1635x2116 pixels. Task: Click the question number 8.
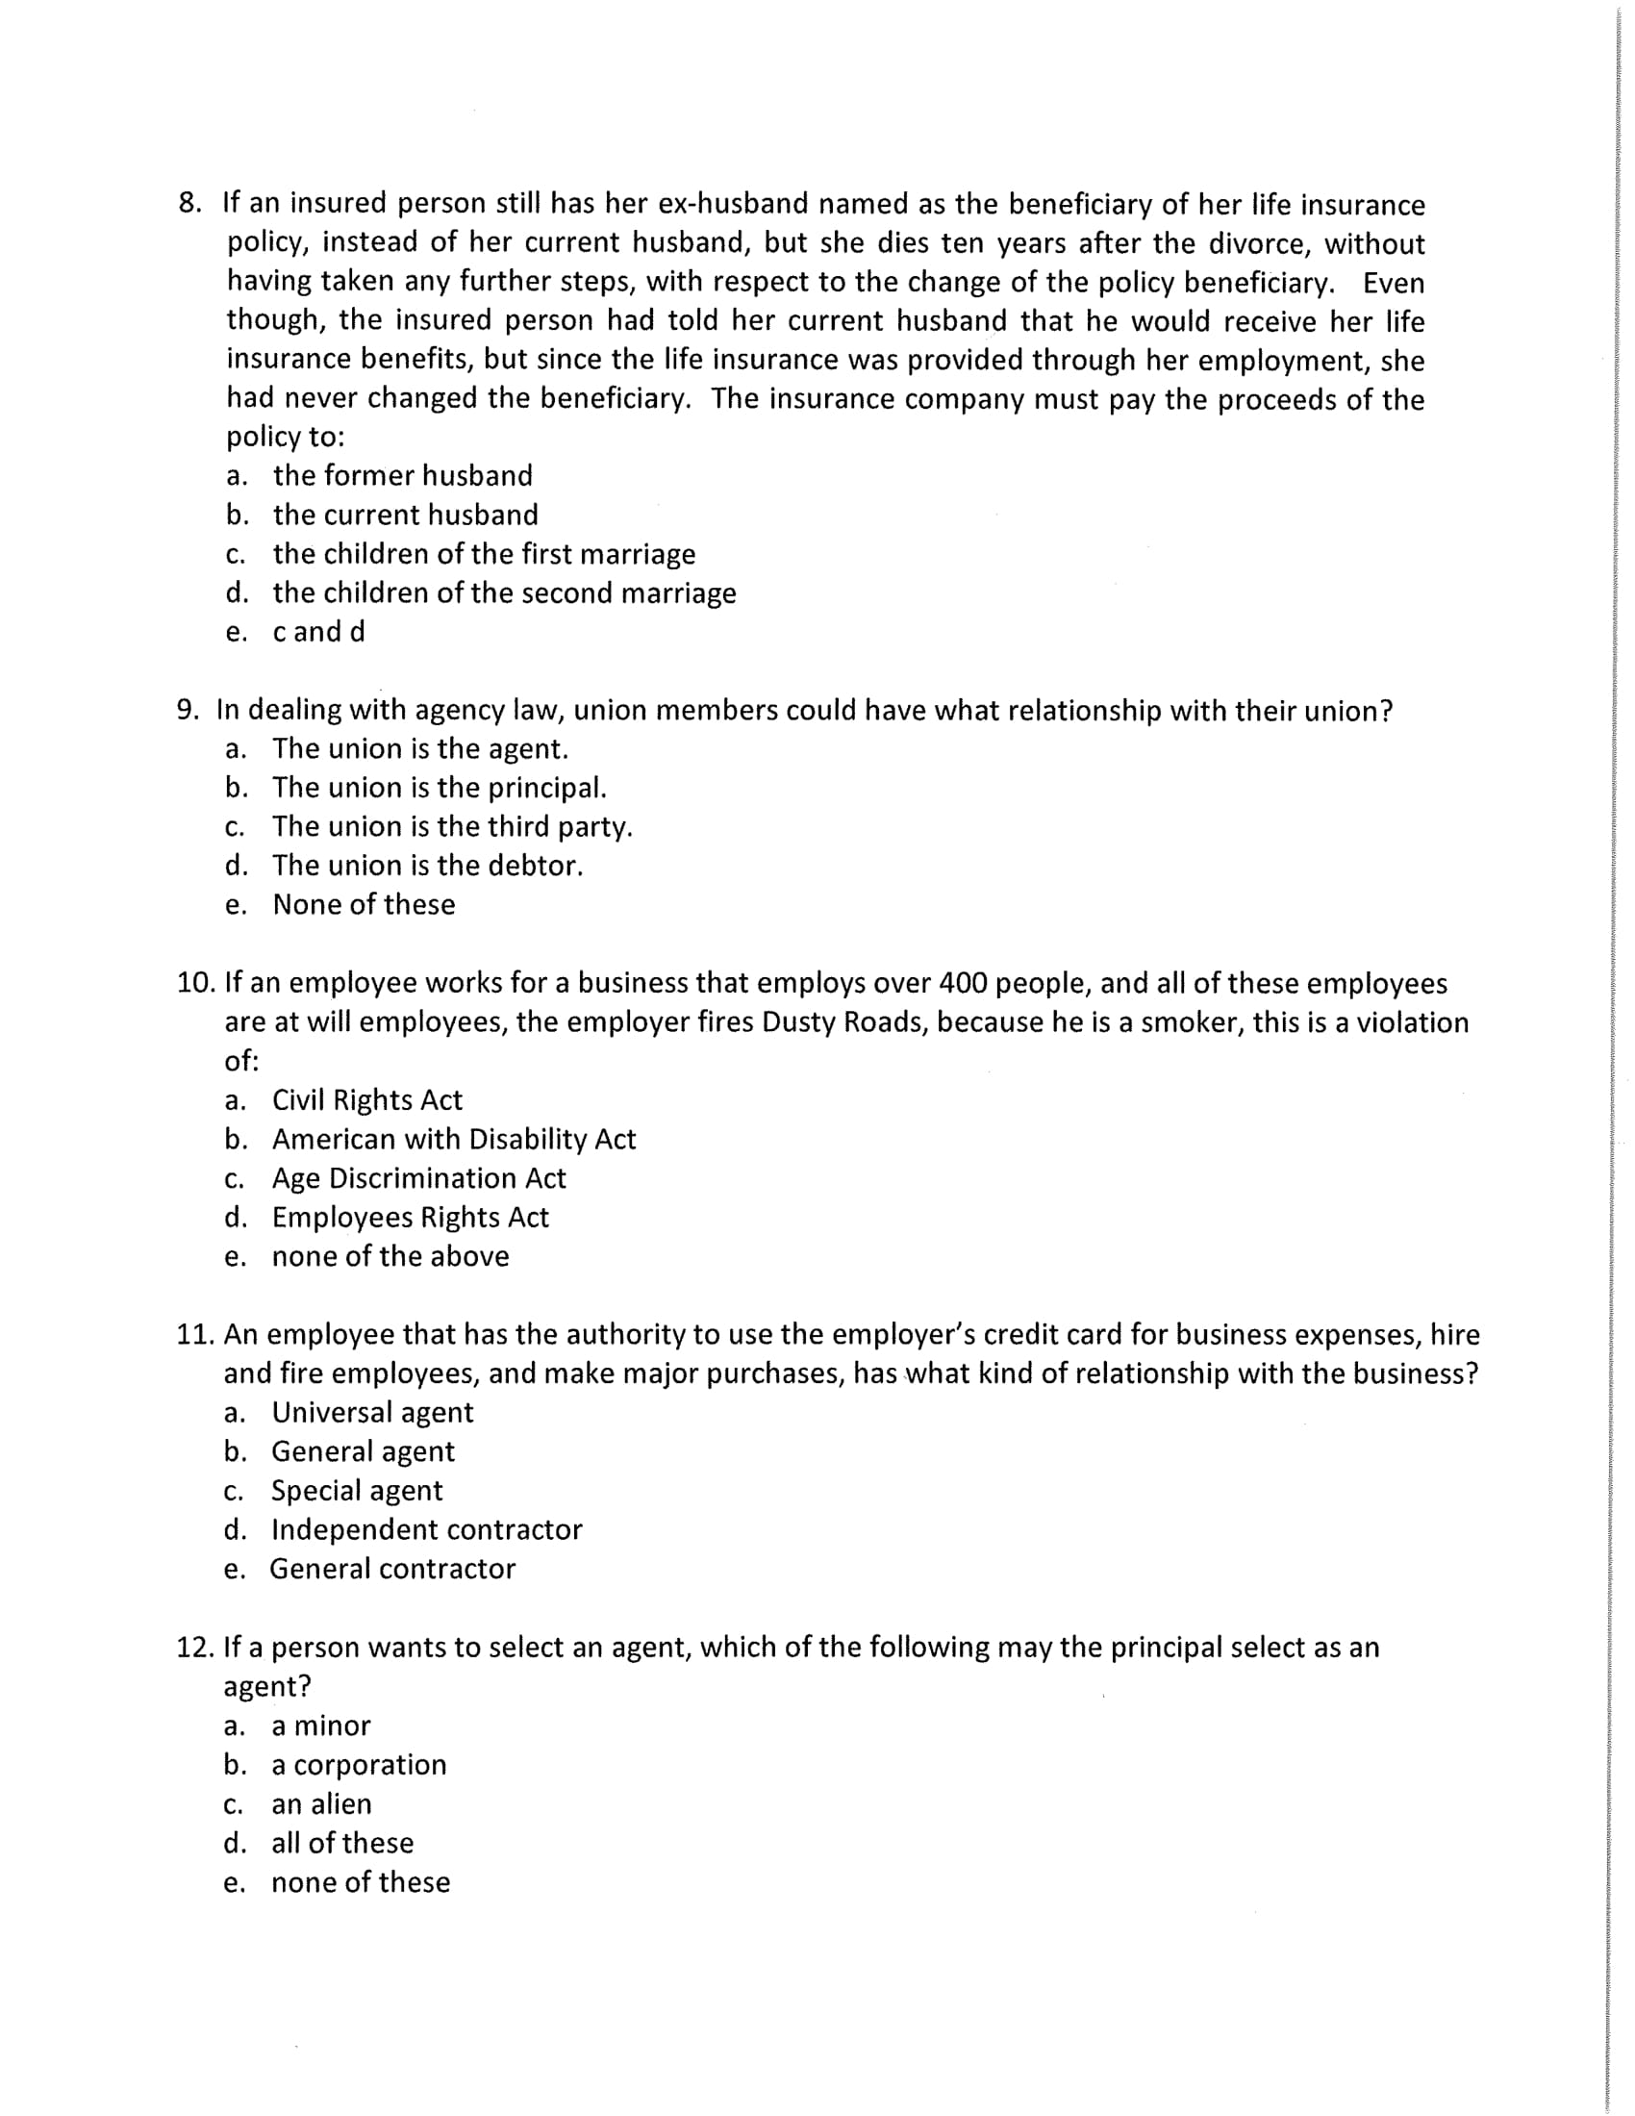[189, 204]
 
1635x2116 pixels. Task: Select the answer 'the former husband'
[402, 476]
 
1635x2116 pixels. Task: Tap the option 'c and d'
[318, 632]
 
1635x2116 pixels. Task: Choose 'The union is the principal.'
[439, 788]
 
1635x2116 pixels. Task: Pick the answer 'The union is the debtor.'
[427, 866]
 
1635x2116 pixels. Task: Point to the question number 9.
[188, 710]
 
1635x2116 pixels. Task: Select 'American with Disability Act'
[453, 1140]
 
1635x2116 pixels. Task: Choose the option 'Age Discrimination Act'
[418, 1178]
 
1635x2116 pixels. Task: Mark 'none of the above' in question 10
[390, 1257]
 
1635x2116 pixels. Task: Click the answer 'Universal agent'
[372, 1413]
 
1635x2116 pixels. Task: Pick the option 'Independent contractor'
[426, 1530]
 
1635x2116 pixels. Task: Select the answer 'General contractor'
[392, 1569]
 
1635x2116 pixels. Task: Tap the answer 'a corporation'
[359, 1764]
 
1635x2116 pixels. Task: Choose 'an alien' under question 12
[320, 1804]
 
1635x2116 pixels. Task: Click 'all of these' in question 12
[342, 1843]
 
